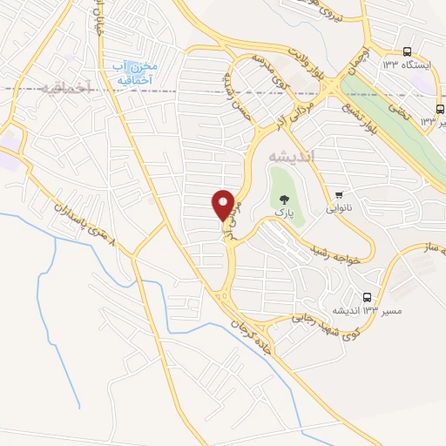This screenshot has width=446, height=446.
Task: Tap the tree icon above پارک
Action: [x=281, y=200]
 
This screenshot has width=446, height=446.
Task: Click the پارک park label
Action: [x=281, y=213]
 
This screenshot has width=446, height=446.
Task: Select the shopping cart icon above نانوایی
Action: [x=338, y=195]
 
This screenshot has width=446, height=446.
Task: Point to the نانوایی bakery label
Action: [x=338, y=208]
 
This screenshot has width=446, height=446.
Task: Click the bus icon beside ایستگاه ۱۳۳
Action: [x=408, y=52]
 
